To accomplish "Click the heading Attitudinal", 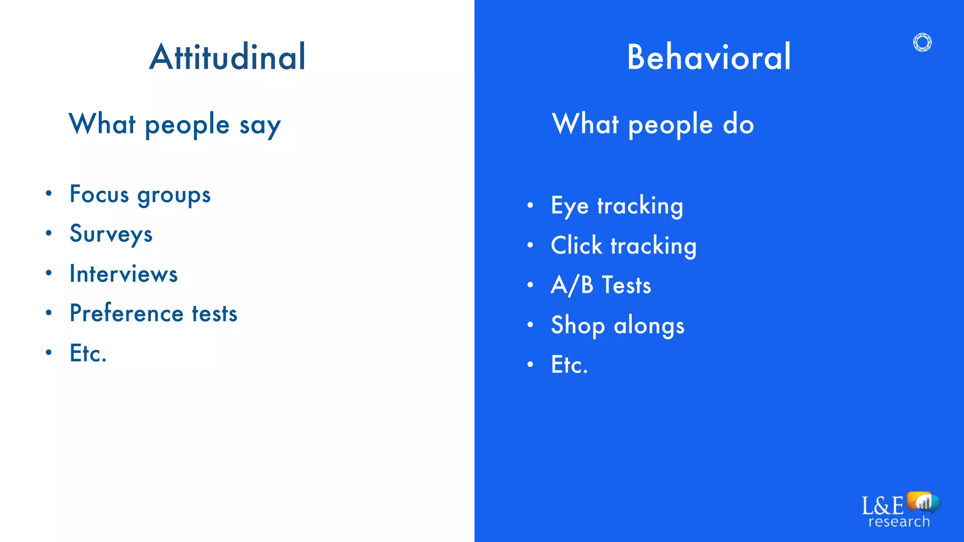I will coord(228,57).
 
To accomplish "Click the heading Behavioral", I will coord(709,57).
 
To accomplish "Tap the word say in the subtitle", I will coord(260,125).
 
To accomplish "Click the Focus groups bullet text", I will coord(140,195).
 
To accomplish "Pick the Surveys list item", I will coord(111,234).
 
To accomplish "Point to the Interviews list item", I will coord(123,274).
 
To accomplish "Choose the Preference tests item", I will coord(153,313).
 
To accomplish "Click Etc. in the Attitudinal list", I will coord(88,353).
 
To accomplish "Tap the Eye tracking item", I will coord(617,206).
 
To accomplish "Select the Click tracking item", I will coord(623,246).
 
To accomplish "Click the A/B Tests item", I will coord(601,285).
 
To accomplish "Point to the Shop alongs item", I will coord(617,325).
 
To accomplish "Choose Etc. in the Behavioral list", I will coord(569,365).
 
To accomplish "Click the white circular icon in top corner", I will coord(922,42).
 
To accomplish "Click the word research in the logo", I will coord(899,522).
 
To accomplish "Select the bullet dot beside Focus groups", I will coord(48,193).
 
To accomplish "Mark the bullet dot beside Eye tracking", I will coord(530,205).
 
